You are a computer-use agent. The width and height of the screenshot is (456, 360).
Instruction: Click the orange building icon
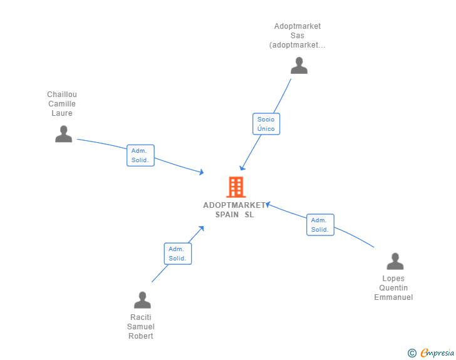click(x=236, y=187)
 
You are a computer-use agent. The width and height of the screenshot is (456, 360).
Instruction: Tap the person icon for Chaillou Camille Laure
click(x=63, y=134)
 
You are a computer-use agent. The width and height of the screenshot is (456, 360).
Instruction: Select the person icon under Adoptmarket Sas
click(x=299, y=66)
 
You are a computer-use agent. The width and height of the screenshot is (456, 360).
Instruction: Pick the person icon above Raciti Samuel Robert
click(x=142, y=300)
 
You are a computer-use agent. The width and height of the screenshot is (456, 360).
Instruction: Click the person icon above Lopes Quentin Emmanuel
click(x=395, y=261)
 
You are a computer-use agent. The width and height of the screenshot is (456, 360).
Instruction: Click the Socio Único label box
click(x=266, y=124)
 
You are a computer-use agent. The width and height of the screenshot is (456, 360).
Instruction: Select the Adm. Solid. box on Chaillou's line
click(x=140, y=155)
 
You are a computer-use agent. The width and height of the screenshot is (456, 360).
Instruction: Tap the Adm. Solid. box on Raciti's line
click(x=178, y=254)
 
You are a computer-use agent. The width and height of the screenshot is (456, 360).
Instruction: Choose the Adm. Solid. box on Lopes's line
click(x=320, y=225)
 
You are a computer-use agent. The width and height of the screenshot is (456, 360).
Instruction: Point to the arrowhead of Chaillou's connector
click(x=202, y=172)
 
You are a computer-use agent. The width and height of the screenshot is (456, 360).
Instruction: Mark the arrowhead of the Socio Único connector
click(x=242, y=168)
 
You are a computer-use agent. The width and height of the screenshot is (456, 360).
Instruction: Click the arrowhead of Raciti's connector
click(x=202, y=229)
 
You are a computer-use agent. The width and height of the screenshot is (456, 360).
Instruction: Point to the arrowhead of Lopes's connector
click(x=268, y=204)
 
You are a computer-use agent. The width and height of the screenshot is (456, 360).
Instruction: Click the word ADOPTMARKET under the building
click(x=234, y=205)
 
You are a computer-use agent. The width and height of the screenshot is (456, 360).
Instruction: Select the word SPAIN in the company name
click(x=227, y=215)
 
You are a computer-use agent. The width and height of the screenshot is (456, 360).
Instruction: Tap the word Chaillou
click(x=62, y=95)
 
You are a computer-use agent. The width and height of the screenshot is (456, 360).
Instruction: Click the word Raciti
click(x=141, y=317)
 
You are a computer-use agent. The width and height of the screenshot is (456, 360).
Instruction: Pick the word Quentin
click(x=393, y=288)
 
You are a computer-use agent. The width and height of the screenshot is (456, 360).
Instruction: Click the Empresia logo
click(x=437, y=352)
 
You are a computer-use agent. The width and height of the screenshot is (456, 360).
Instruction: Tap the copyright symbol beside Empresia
click(x=412, y=353)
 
